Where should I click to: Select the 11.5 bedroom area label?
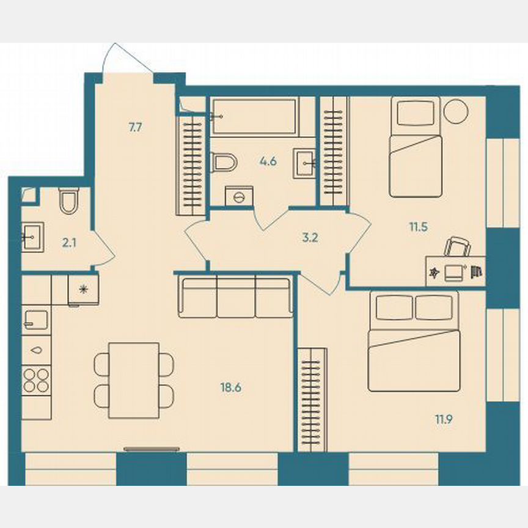pos(418,226)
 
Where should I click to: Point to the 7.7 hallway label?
pos(135,128)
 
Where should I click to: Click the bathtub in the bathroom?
pos(254,116)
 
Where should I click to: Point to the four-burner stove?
pos(36,380)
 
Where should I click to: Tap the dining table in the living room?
pos(134,380)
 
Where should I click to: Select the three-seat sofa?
pos(235,297)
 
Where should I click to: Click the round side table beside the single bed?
pos(455,111)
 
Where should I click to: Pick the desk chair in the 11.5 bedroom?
pos(457,247)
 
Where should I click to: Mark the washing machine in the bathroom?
pos(239,197)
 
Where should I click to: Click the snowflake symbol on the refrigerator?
pos(83,289)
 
